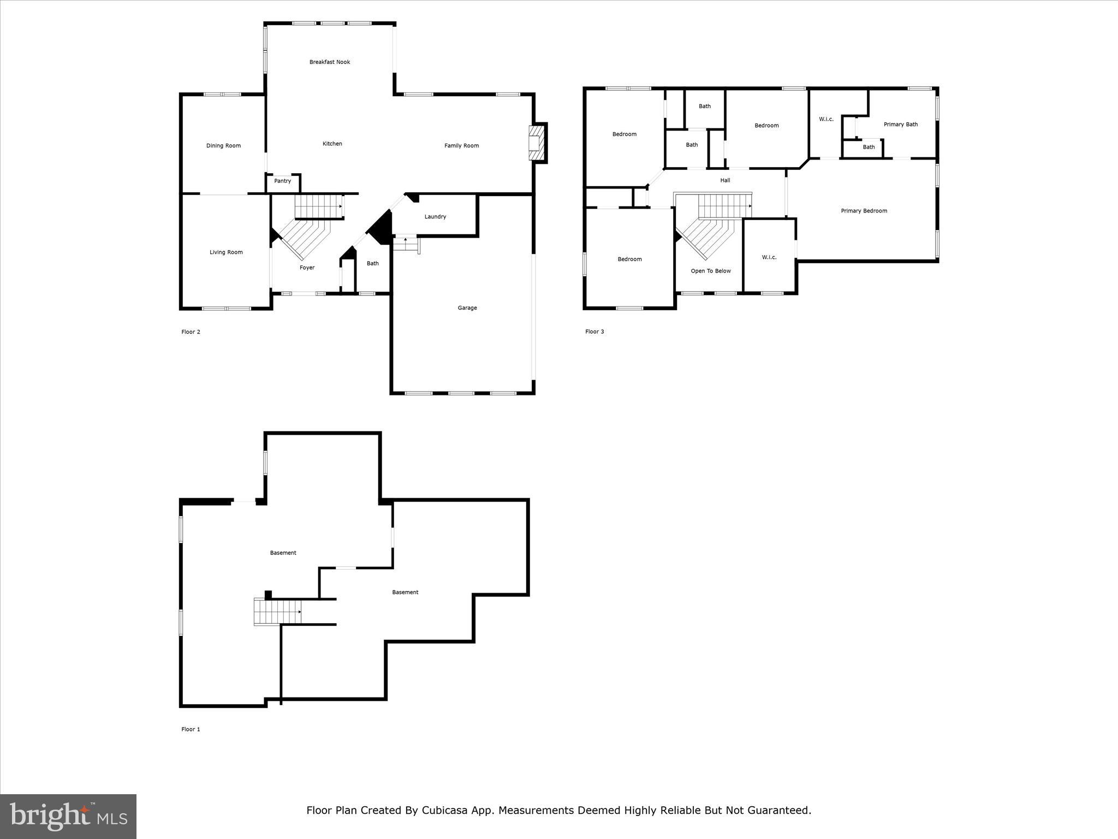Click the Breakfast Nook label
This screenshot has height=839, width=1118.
329,62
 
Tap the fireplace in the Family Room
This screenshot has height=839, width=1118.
537,143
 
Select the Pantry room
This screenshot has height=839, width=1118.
283,181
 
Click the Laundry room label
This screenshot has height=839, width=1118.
435,217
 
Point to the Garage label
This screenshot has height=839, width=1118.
467,308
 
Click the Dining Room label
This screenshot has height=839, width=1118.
223,146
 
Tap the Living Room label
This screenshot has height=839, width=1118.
226,252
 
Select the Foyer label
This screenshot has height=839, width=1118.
307,268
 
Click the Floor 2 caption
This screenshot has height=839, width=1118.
191,332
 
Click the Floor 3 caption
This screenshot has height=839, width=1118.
594,332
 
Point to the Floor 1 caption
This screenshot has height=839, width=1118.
191,729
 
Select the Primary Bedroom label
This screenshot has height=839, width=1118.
864,211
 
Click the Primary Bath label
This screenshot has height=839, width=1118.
900,125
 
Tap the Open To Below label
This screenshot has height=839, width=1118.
710,271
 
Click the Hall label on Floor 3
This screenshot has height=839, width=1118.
725,180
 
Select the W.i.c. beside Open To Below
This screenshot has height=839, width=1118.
769,257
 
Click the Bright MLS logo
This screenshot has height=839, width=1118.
68,817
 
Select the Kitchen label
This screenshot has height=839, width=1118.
332,144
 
